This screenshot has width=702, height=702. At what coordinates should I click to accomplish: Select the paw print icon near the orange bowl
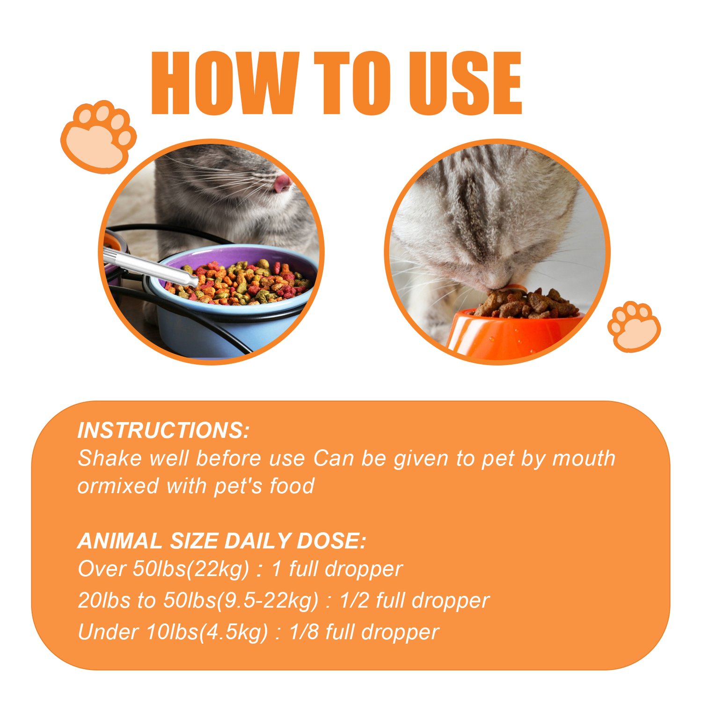point(634,326)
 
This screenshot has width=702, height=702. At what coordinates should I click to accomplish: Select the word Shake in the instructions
point(110,458)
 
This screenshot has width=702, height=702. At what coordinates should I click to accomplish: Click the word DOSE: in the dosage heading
point(331,541)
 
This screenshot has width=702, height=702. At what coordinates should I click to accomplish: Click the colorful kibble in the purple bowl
point(239,282)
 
